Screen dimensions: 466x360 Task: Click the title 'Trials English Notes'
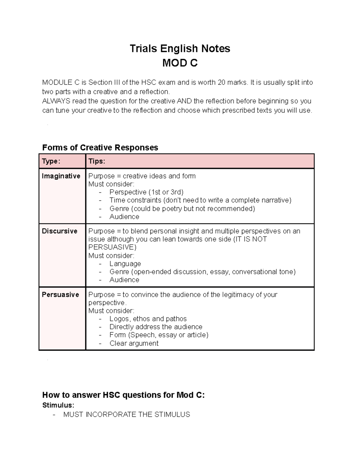coord(180,48)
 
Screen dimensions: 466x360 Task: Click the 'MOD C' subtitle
coord(180,63)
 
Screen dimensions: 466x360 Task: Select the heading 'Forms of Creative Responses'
coord(100,147)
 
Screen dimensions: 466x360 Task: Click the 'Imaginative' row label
coord(61,176)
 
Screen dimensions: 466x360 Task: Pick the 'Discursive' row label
coord(59,231)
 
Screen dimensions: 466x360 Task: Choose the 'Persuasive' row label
coord(60,295)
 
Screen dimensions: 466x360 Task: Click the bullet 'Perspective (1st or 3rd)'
coord(146,192)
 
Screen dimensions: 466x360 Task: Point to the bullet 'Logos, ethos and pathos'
coord(148,319)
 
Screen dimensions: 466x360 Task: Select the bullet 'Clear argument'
coord(134,343)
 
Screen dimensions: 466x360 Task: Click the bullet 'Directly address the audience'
coord(156,327)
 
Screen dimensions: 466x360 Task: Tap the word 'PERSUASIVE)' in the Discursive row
coord(112,247)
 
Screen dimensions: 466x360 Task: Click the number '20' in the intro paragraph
coord(222,82)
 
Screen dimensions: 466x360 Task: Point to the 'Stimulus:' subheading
coord(58,405)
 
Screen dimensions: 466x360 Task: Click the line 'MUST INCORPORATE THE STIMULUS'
coord(127,414)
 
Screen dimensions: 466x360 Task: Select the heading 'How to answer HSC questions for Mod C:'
coord(123,395)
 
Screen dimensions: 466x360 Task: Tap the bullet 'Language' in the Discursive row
coord(125,263)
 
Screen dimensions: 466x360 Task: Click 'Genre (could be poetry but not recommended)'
coord(182,209)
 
